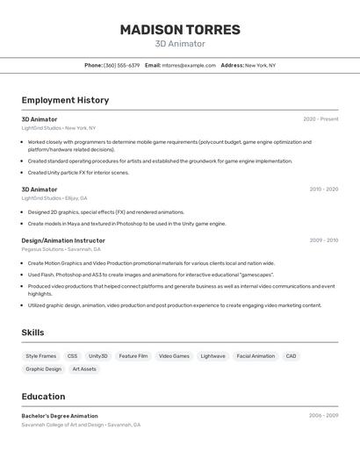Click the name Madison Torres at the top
pos(180,30)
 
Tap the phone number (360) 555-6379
pos(121,65)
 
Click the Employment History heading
pos(65,100)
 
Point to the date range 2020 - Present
pos(320,119)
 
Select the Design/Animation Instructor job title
pos(63,240)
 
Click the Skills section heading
pos(32,333)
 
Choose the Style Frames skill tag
pos(40,356)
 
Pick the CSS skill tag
pos(72,356)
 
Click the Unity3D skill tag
pos(98,356)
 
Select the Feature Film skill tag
pos(133,356)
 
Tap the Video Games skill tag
pos(174,356)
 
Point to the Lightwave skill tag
pos(212,356)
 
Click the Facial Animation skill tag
pos(256,356)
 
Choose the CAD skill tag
pos(291,356)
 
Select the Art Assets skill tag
pos(84,369)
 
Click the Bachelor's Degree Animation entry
pos(60,416)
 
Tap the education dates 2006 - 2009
pos(323,415)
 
